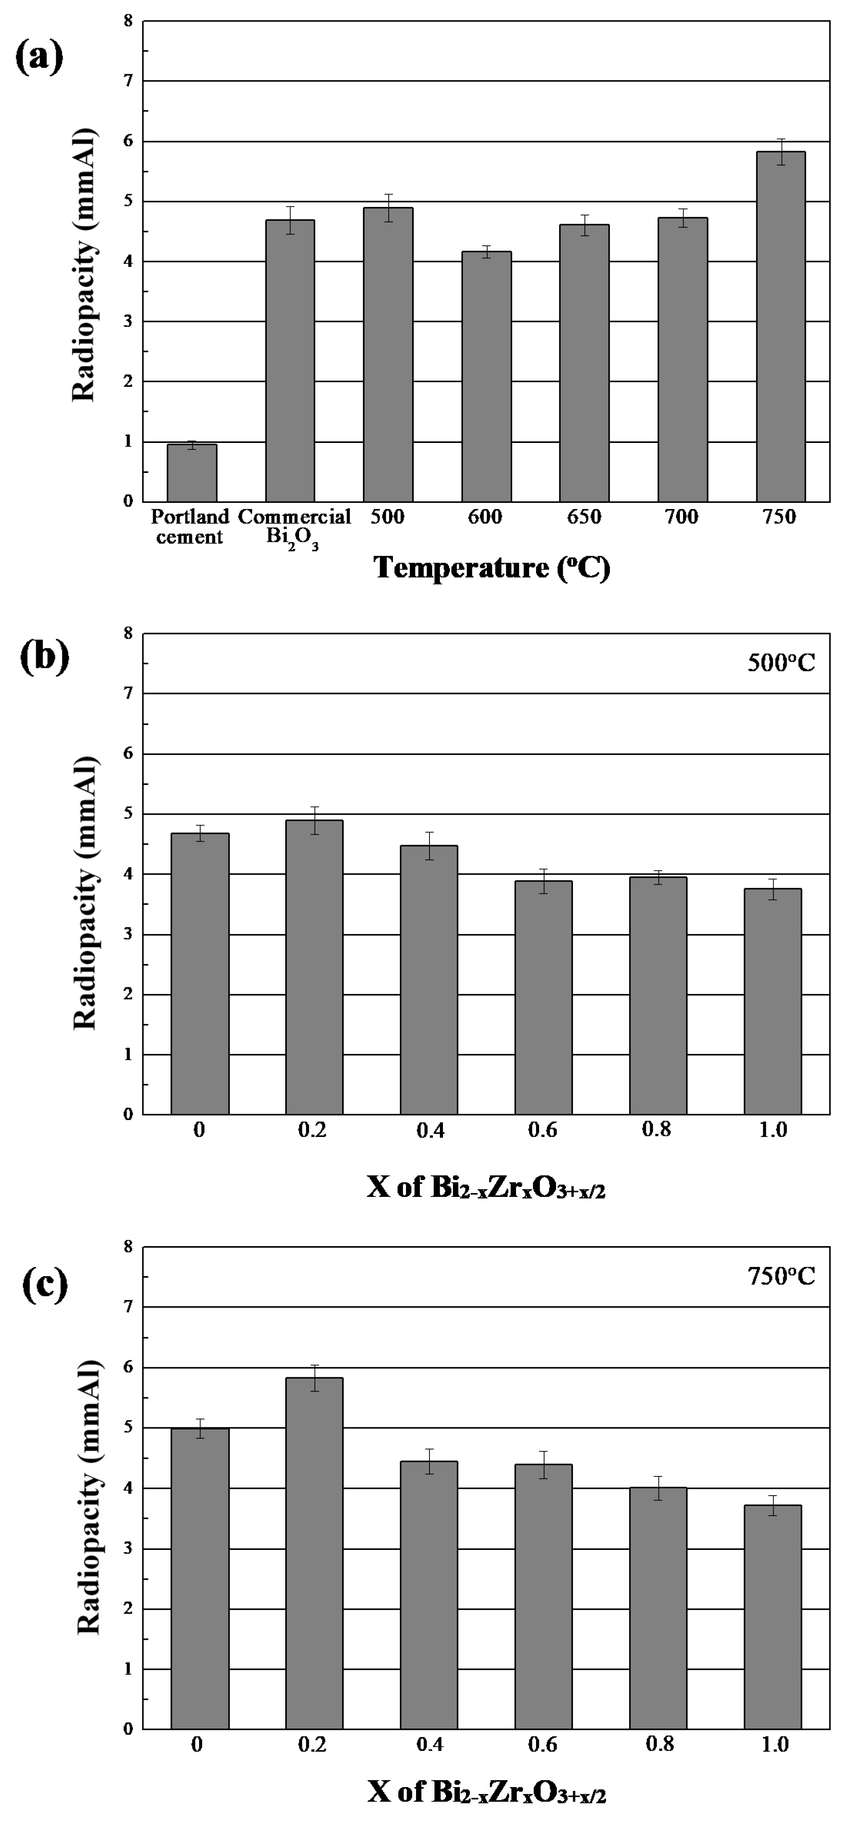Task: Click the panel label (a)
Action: tap(39, 57)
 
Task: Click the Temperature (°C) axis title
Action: tap(492, 568)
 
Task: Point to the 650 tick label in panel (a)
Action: tap(584, 517)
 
